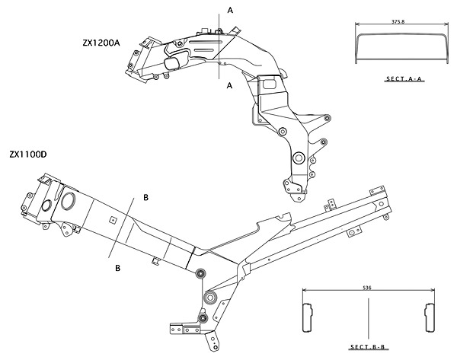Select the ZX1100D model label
[x=28, y=154]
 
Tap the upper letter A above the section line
[x=228, y=11]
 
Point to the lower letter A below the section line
[x=228, y=86]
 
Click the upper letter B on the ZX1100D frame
[x=145, y=198]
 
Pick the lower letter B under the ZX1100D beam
[x=117, y=268]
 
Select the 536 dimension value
[x=369, y=288]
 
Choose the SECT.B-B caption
[x=369, y=347]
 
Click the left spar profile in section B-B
[x=308, y=317]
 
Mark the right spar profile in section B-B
[x=429, y=317]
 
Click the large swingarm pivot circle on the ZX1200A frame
[x=297, y=158]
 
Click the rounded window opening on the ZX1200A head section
[x=174, y=62]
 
